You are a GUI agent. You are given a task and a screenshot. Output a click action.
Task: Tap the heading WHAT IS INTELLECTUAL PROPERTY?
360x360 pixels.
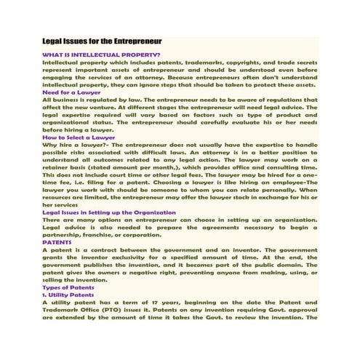pos(102,55)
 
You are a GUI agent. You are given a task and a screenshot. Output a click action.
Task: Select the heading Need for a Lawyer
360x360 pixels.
pos(71,93)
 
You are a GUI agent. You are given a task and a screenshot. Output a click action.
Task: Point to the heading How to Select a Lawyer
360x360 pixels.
pos(79,137)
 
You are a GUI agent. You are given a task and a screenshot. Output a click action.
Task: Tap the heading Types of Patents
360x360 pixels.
pos(71,288)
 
